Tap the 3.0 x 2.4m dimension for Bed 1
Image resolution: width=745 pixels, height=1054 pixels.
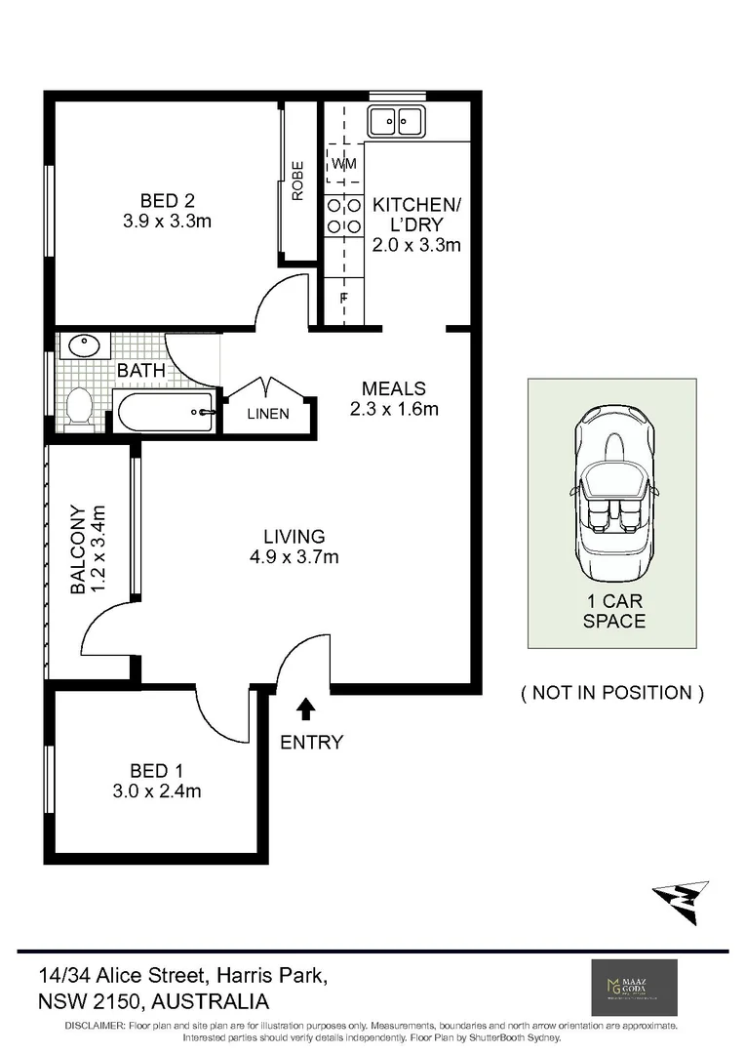(x=155, y=791)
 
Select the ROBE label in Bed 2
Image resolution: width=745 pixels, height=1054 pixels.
(x=297, y=181)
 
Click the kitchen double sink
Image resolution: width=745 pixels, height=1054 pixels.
(x=396, y=122)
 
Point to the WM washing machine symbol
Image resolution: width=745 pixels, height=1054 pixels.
(x=344, y=164)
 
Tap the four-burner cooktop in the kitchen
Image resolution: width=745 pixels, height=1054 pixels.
(x=343, y=216)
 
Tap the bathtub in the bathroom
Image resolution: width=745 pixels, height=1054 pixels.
(x=165, y=413)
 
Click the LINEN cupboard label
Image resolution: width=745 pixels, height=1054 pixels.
(x=267, y=414)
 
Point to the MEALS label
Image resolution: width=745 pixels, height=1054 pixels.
(x=393, y=388)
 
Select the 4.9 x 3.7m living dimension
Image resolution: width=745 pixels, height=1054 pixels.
(x=294, y=557)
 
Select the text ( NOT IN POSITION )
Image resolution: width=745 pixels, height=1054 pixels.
(x=611, y=693)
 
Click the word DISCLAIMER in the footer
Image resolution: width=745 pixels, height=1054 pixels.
(x=95, y=1027)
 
